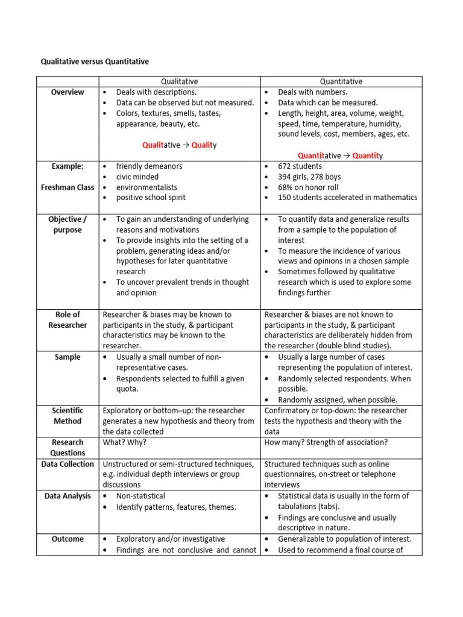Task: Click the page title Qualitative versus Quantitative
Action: click(x=94, y=61)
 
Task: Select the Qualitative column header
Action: click(x=179, y=81)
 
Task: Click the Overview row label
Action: click(x=68, y=92)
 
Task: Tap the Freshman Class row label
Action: click(x=68, y=187)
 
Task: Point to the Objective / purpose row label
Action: click(x=68, y=225)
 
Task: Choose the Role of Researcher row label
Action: click(x=68, y=320)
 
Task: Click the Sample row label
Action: click(x=68, y=357)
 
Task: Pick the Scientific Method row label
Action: click(x=68, y=416)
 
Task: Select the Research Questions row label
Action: click(x=68, y=448)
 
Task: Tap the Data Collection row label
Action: click(x=68, y=464)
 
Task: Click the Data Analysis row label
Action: click(x=68, y=496)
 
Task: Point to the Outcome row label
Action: click(x=68, y=539)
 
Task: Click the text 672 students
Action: click(x=300, y=166)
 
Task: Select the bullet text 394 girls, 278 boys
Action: click(x=309, y=177)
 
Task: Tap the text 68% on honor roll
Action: click(x=308, y=187)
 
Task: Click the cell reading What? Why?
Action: click(x=125, y=442)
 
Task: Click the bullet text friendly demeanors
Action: click(x=149, y=166)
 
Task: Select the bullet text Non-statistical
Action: click(x=140, y=496)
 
